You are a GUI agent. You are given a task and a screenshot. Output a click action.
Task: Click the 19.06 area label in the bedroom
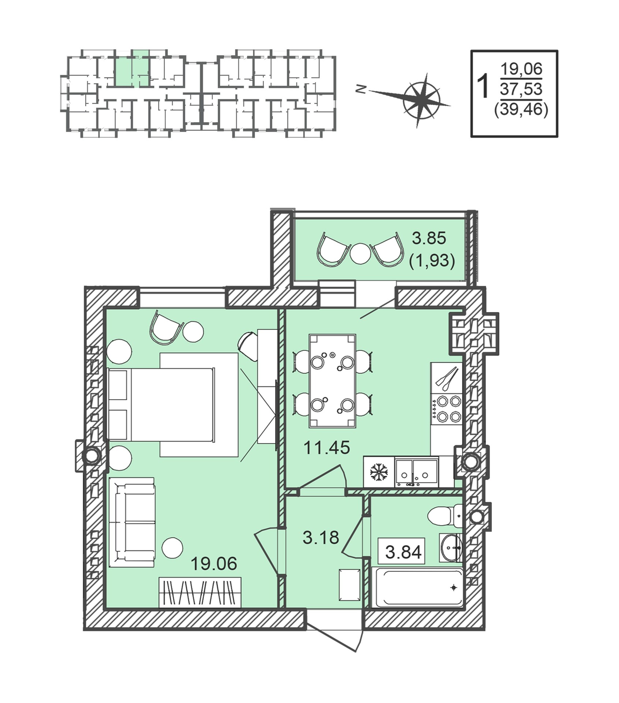tap(214, 563)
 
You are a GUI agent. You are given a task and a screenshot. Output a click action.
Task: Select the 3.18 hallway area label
tap(321, 538)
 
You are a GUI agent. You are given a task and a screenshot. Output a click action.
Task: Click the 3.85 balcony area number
tap(429, 238)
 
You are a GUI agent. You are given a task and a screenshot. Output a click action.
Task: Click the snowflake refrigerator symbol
tap(379, 472)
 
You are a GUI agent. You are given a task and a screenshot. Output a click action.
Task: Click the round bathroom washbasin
tap(451, 548)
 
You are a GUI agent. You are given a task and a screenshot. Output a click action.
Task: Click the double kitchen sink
tap(417, 472)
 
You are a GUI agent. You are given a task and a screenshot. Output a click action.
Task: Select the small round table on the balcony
tap(360, 254)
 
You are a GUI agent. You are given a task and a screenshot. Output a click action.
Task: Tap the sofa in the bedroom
tap(132, 522)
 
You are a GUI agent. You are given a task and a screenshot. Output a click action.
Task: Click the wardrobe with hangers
tap(200, 592)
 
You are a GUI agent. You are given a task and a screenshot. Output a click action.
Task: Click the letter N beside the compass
tap(361, 89)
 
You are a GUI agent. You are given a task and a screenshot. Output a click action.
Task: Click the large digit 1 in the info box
tap(484, 86)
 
